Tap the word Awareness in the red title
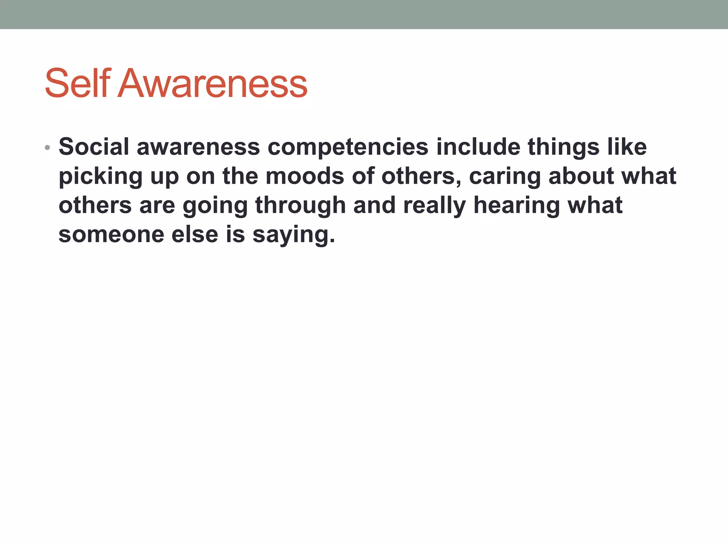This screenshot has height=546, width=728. tap(212, 84)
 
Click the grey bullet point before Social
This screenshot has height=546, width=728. tap(47, 148)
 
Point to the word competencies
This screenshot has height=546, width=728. tap(348, 147)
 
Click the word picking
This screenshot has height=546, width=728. tap(100, 176)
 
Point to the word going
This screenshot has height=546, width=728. tap(215, 206)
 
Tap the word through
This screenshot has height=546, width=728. tap(300, 206)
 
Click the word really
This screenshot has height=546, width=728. tap(434, 205)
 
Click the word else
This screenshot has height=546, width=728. tap(194, 235)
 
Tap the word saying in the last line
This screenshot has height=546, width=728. tap(293, 235)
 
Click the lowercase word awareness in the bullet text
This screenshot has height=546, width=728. tap(198, 147)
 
